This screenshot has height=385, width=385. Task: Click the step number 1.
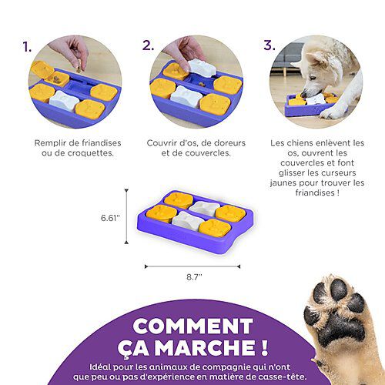[x=27, y=47]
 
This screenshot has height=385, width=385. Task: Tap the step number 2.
[x=149, y=45]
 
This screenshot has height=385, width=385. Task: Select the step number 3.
[x=269, y=45]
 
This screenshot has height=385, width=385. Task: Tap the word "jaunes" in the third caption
[x=283, y=183]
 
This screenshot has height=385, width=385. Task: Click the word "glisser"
[x=292, y=173]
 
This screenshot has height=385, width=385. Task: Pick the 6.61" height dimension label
[x=110, y=218]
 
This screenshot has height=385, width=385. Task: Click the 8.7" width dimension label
[x=194, y=277]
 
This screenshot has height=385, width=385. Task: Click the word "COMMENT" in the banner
[x=192, y=326]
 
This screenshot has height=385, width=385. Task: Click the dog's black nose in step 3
[x=304, y=94]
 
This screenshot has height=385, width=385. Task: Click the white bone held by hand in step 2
[x=202, y=68]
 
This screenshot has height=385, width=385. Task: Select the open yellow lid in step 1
[x=42, y=69]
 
